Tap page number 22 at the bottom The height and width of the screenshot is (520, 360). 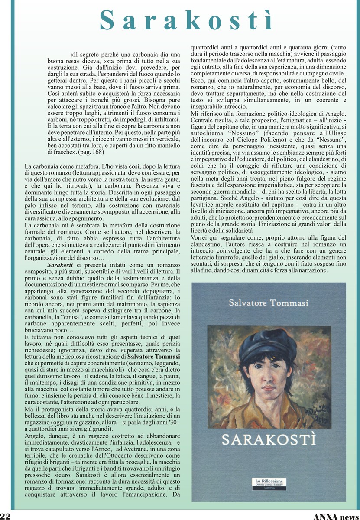(x=6, y=516)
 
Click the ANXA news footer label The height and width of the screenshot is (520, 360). (x=335, y=516)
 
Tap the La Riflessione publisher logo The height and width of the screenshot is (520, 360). (x=269, y=483)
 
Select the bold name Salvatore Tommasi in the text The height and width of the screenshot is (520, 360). (x=154, y=356)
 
